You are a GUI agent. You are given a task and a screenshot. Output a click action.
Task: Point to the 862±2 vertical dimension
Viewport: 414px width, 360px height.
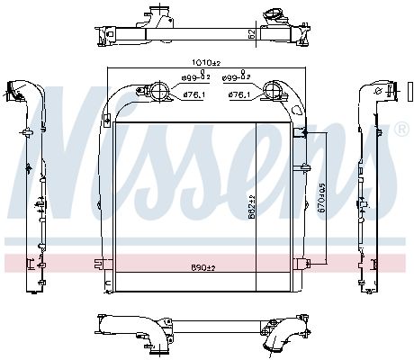click(x=254, y=207)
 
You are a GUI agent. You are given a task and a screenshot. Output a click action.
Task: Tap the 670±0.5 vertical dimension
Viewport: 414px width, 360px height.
click(x=322, y=199)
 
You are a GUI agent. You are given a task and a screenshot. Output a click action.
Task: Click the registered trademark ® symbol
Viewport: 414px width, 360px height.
click(x=400, y=130)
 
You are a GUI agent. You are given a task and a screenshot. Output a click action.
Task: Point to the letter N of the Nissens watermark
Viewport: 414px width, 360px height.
click(x=67, y=135)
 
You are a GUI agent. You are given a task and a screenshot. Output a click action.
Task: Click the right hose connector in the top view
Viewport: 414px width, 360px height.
click(x=269, y=17)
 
